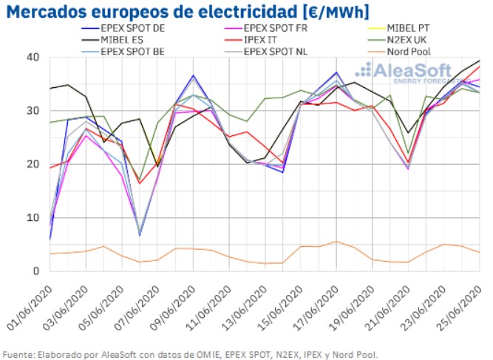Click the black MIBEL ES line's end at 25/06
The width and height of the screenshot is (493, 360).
click(x=480, y=61)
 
